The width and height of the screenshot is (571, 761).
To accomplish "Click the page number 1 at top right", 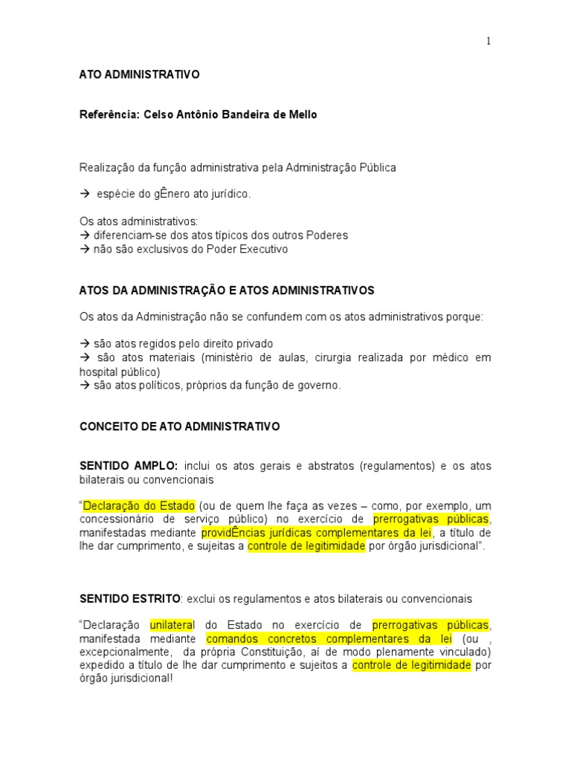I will pos(488,42).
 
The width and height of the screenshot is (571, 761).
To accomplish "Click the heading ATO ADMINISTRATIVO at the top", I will pos(139,75).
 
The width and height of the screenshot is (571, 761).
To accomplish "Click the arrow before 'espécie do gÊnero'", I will pos(84,194).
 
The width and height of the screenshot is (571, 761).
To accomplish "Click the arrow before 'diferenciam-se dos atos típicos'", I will pos(84,236).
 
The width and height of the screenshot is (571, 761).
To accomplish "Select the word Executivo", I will pos(262,249).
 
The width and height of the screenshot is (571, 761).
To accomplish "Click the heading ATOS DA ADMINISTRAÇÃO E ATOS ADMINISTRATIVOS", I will pos(227,289).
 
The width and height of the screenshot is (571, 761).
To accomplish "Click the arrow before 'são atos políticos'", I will pos(84,385).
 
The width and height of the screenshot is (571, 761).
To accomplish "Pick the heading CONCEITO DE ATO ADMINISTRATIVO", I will pos(179,427).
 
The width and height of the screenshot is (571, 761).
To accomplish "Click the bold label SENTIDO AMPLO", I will pos(129,466).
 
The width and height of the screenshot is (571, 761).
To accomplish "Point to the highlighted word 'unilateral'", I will pos(172,625).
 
